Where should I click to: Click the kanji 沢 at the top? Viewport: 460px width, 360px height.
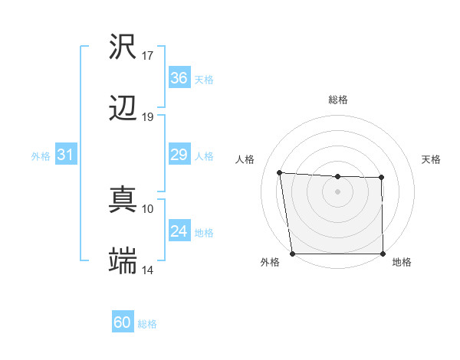[x=123, y=47]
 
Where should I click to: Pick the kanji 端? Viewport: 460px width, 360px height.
[x=123, y=262]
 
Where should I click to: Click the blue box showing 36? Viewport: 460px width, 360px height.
[x=179, y=78]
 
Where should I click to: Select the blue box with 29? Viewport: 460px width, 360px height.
[x=179, y=155]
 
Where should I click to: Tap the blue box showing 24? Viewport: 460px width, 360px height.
[x=179, y=231]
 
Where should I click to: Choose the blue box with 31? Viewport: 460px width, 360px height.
[x=66, y=155]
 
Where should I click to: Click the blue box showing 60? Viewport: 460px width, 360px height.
[x=123, y=322]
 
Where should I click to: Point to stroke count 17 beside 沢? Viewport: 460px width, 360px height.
[x=148, y=56]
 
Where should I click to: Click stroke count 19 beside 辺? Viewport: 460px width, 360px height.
[x=148, y=117]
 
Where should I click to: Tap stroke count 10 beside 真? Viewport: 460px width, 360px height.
[x=148, y=208]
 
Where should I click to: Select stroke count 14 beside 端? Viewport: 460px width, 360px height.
[x=148, y=270]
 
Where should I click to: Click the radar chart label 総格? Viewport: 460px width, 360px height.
[x=338, y=100]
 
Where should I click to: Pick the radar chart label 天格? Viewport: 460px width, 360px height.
[x=431, y=159]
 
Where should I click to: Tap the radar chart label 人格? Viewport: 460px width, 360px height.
[x=246, y=159]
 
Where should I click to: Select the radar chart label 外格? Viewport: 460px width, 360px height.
[x=270, y=263]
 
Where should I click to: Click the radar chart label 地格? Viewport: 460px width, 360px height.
[x=402, y=263]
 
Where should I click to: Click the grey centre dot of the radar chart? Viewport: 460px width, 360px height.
[x=338, y=191]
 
